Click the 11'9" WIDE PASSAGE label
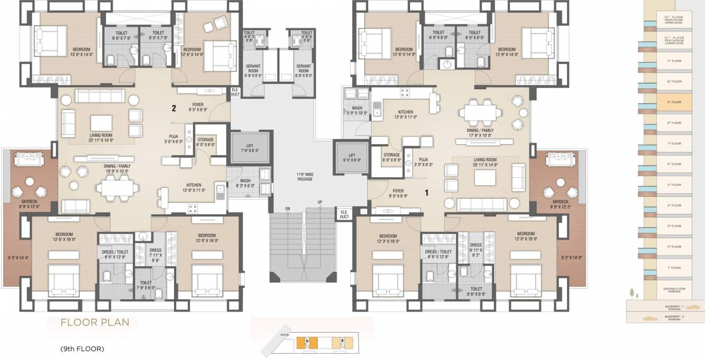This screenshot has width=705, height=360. click(304, 176)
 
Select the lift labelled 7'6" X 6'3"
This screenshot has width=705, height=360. click(250, 149)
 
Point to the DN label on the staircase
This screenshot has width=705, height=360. click(288, 210)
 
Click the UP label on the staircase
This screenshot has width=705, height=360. click(319, 203)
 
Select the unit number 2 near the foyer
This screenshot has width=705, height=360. click(173, 109)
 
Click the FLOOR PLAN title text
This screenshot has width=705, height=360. click(95, 323)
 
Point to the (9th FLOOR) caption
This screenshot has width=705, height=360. click(82, 349)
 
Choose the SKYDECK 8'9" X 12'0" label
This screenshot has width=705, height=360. click(29, 204)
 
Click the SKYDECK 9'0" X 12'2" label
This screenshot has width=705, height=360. click(560, 204)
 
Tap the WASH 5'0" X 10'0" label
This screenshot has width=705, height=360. click(357, 110)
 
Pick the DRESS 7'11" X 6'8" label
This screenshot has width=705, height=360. click(155, 255)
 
